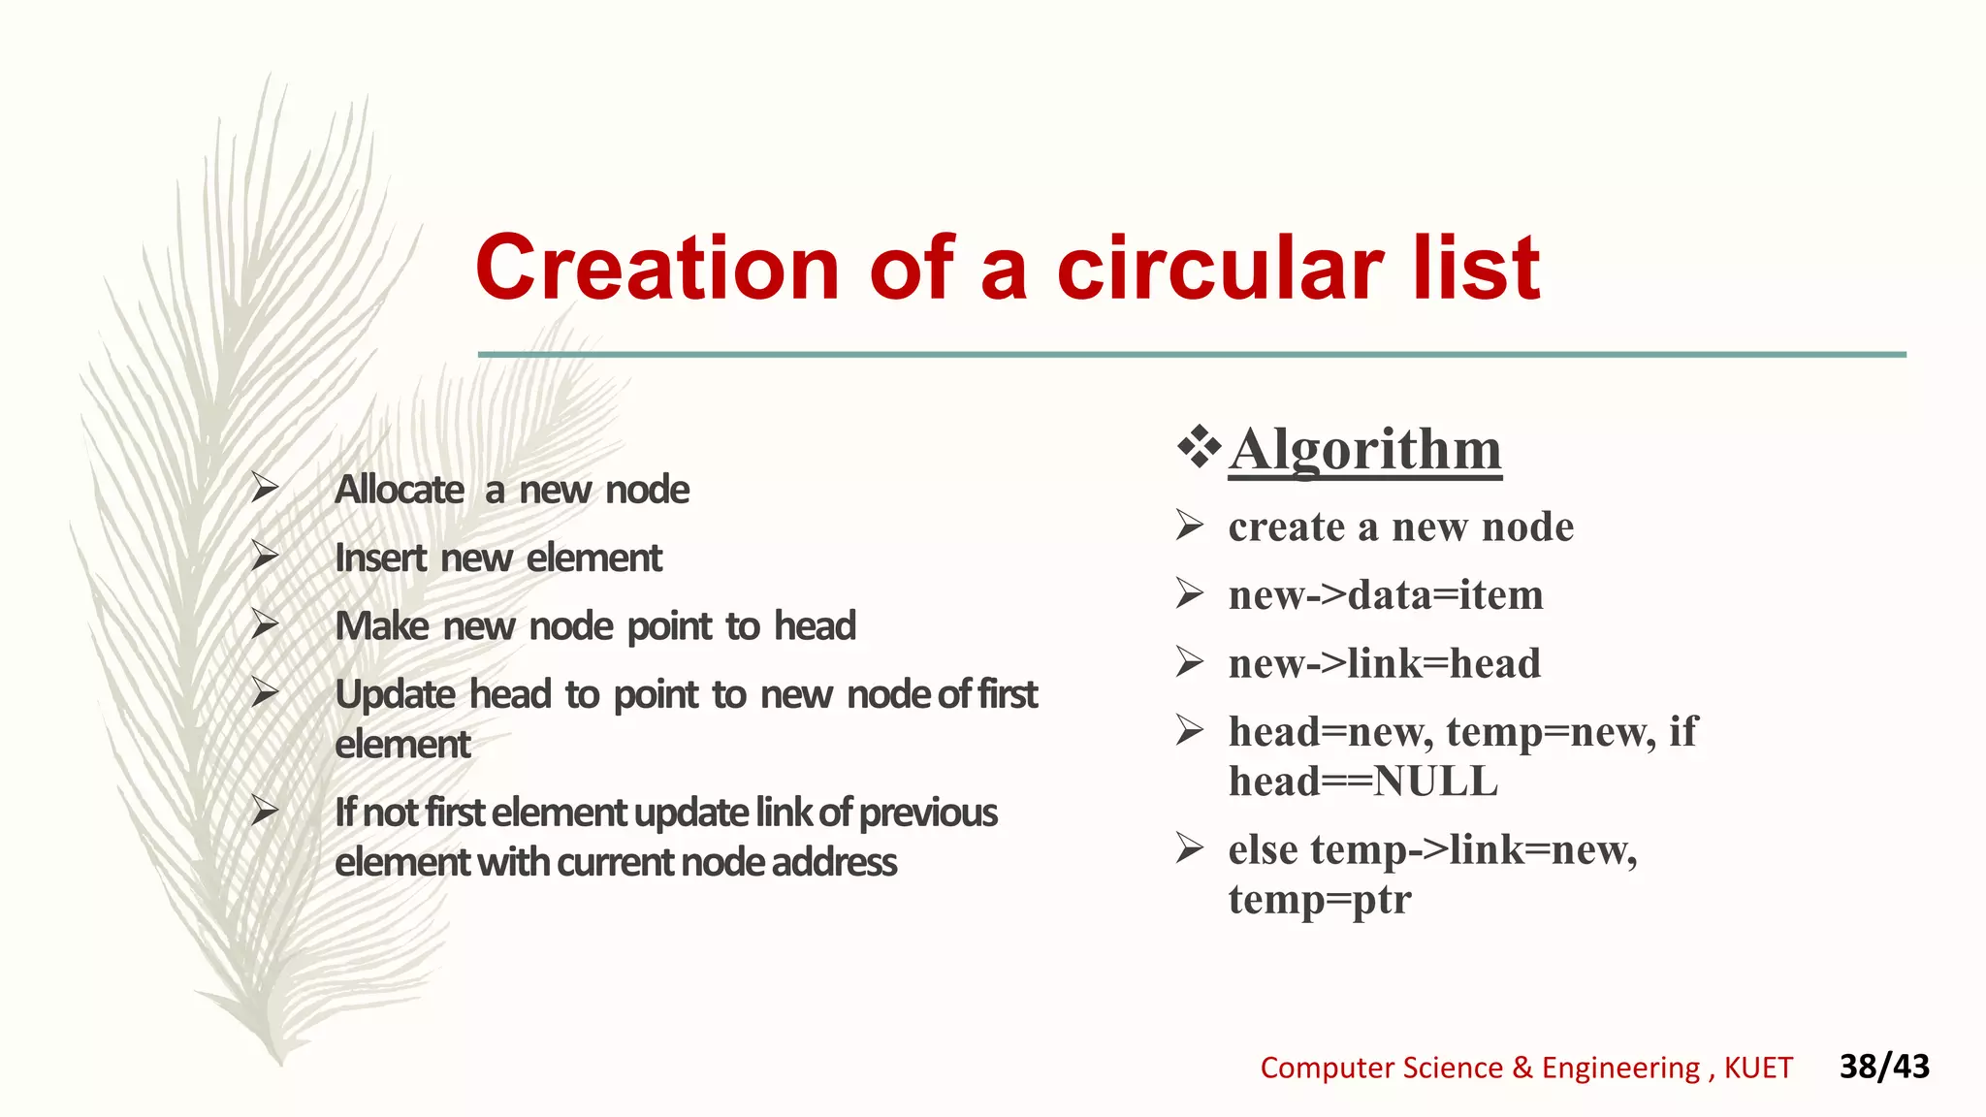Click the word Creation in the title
coord(657,268)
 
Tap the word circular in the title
coord(1220,268)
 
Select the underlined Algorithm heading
coord(1365,449)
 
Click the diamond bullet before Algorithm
coord(1200,447)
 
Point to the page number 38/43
coord(1884,1067)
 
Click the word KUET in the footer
coord(1758,1068)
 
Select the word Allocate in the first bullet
coord(400,490)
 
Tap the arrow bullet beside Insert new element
coord(265,557)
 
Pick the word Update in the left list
coord(395,694)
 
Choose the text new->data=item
coord(1385,595)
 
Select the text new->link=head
coord(1384,664)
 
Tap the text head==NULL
coord(1362,782)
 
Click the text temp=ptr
coord(1319,899)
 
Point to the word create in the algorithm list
coord(1286,527)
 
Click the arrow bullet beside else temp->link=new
coord(1190,848)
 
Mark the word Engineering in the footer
coord(1620,1068)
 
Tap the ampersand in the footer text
coord(1522,1068)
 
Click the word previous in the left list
coord(927,813)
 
